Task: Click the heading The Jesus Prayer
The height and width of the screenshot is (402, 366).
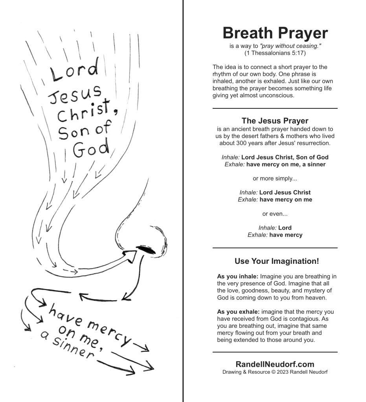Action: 275,121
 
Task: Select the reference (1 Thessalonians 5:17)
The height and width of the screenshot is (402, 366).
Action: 275,53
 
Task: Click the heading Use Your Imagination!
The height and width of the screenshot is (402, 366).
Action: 276,261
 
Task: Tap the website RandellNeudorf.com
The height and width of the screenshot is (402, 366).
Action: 275,364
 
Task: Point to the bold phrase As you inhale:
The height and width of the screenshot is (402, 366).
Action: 237,276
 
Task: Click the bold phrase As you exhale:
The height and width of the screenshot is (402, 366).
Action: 238,312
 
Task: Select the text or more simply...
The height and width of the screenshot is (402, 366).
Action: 275,179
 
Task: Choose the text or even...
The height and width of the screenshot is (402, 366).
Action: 275,214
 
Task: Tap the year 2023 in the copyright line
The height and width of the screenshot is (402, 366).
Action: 284,372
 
